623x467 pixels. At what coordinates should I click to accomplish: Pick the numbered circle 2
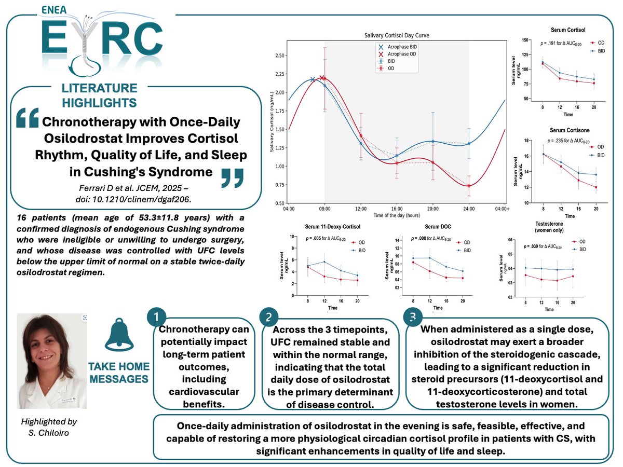pyautogui.click(x=269, y=316)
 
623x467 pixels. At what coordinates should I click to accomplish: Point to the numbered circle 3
pyautogui.click(x=412, y=316)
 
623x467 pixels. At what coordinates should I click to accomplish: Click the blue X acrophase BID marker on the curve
pyautogui.click(x=313, y=79)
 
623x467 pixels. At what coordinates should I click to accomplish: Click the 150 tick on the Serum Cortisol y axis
pyautogui.click(x=527, y=40)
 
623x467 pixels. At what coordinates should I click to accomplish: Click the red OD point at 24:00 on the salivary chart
pyautogui.click(x=469, y=186)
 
